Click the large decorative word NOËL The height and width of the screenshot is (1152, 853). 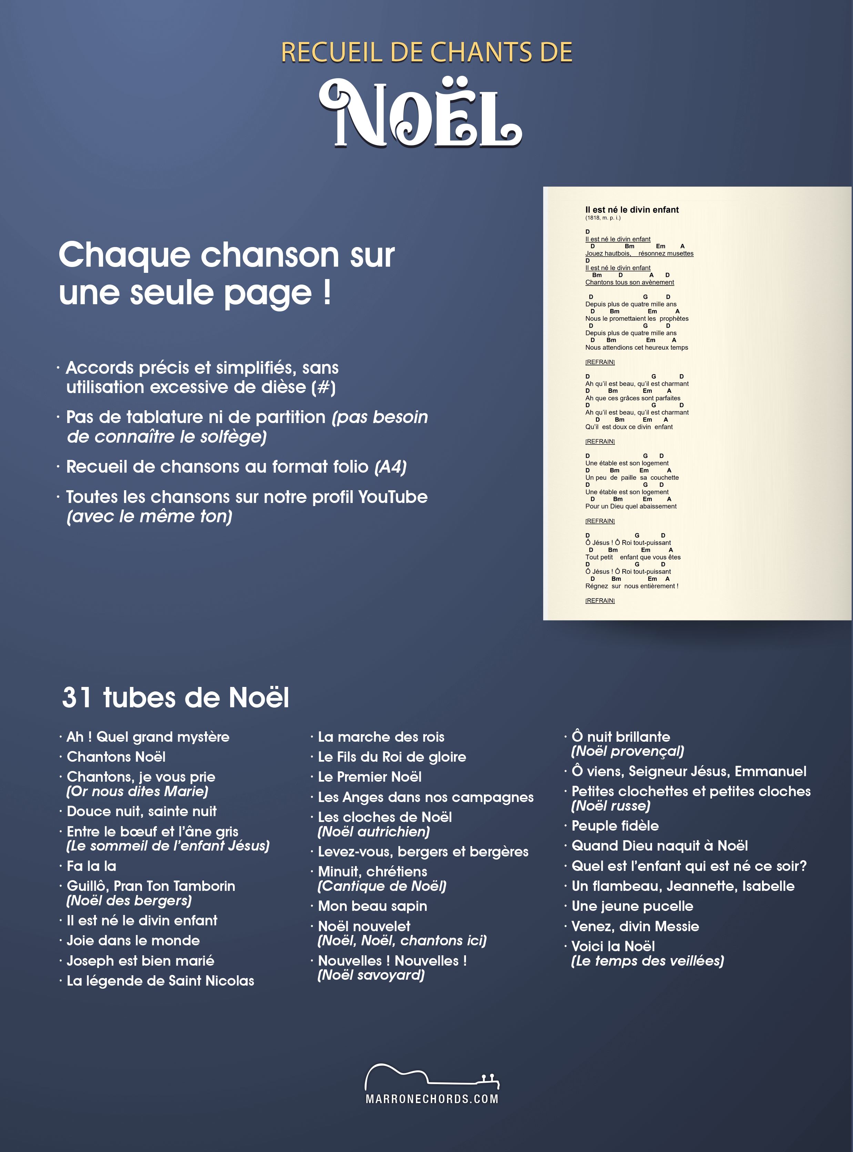(420, 115)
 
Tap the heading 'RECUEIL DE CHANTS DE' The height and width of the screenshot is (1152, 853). (427, 53)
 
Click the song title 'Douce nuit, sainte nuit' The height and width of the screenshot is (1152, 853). (142, 811)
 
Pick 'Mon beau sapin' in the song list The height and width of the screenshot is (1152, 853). (372, 906)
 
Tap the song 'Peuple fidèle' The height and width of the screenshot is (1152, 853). (615, 826)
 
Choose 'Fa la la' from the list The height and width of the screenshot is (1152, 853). (91, 866)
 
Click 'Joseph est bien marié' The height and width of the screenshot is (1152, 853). (141, 960)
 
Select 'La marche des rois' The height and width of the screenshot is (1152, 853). (381, 737)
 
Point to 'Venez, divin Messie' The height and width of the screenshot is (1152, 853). (635, 926)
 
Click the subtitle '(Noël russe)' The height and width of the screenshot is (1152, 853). (611, 806)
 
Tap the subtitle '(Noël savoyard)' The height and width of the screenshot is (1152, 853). (371, 975)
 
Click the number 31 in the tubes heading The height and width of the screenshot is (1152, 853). (77, 698)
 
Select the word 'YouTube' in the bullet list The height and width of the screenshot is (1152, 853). (393, 497)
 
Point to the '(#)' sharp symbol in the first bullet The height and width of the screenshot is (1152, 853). (324, 388)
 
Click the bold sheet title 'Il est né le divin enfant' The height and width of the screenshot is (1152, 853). (632, 209)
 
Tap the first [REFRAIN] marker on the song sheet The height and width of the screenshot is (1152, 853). (600, 362)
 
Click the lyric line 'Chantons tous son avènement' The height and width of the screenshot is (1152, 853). (629, 282)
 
